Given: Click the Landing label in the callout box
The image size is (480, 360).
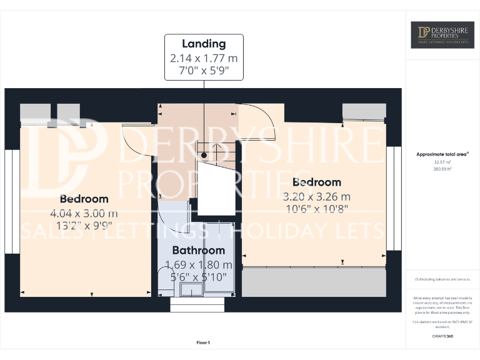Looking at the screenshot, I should (x=204, y=44).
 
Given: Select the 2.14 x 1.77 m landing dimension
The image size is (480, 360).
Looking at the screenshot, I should (x=204, y=58).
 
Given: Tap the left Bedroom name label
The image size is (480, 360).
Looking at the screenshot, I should (x=84, y=199).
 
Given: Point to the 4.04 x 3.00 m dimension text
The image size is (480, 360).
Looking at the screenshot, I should (x=84, y=213).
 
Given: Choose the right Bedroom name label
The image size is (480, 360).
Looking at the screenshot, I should (x=317, y=182).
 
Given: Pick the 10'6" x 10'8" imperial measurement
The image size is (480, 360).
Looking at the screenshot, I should (x=317, y=209).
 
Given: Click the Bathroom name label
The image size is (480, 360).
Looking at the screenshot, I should (x=199, y=251).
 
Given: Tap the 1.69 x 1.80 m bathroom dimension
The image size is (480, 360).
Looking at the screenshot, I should (x=199, y=264).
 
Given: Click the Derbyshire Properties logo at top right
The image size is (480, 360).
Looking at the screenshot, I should (x=442, y=35).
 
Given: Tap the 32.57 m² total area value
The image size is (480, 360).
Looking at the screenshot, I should (x=442, y=162).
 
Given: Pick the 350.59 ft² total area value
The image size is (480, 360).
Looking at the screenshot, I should (x=442, y=169).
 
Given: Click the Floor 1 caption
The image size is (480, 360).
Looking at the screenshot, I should (x=203, y=342).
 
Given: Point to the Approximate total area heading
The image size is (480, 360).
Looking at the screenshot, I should (x=442, y=154).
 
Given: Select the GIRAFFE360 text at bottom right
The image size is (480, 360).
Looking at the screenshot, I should (x=442, y=336).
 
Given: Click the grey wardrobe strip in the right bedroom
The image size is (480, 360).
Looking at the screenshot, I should (x=313, y=282).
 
